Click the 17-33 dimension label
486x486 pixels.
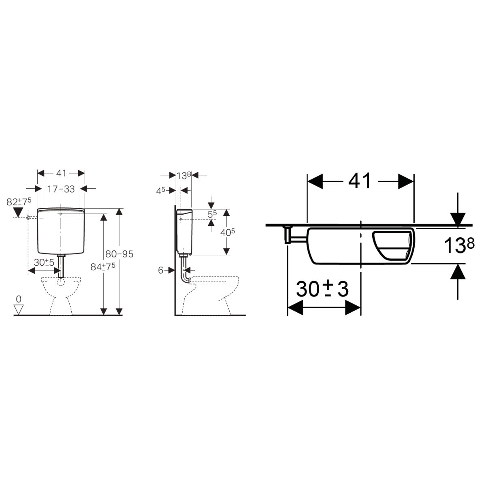click(x=61, y=189)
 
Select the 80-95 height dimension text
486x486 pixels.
click(x=119, y=254)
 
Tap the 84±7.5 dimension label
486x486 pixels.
click(x=103, y=267)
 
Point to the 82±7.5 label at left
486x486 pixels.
click(x=19, y=202)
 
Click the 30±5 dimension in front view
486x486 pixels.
click(x=44, y=262)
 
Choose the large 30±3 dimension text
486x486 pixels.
click(x=322, y=289)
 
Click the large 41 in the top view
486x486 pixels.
click(x=360, y=181)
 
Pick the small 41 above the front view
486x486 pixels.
click(x=61, y=173)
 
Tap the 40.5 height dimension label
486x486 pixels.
click(x=228, y=232)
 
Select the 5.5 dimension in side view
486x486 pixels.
click(x=212, y=214)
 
